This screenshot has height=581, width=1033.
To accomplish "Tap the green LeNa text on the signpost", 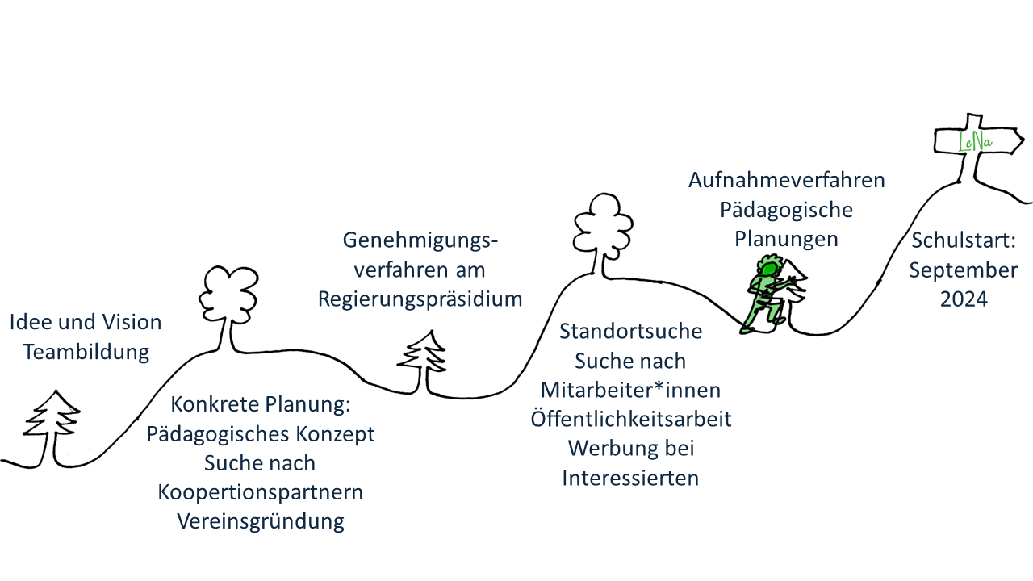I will (975, 144).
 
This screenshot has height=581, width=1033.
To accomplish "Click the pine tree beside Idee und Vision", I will (55, 424).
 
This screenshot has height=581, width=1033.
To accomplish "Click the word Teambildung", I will (86, 352).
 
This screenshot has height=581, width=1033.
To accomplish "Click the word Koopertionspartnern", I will (261, 492).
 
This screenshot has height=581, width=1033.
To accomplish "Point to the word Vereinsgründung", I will (261, 521).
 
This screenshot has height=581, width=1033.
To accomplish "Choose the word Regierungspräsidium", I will (420, 299).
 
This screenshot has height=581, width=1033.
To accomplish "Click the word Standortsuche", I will (630, 332).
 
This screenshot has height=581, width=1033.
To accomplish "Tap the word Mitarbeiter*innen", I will (630, 390).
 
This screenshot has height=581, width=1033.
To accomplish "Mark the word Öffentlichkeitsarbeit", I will (630, 420).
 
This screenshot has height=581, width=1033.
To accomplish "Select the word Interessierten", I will (630, 478).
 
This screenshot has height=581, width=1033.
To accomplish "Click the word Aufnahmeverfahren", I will (786, 180).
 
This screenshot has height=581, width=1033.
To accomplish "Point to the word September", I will (963, 270).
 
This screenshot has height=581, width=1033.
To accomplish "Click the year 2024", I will (963, 299).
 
